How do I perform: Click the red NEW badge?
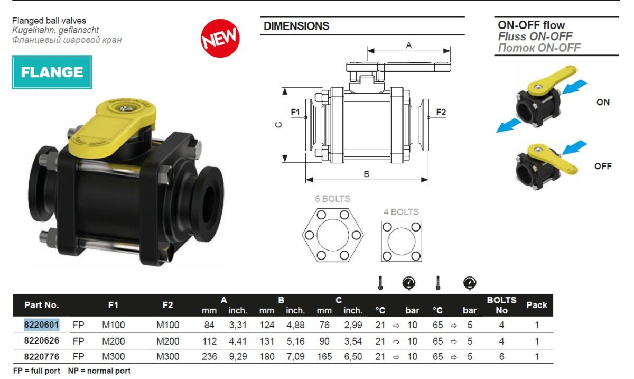220,38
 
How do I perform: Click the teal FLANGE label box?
52,72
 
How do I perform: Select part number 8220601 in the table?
42,325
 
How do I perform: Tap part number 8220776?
42,356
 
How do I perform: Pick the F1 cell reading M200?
113,341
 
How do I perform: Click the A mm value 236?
209,356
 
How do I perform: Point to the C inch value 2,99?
353,325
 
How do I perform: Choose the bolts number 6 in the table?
501,356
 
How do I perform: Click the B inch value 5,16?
295,341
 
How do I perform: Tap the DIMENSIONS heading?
296,26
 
